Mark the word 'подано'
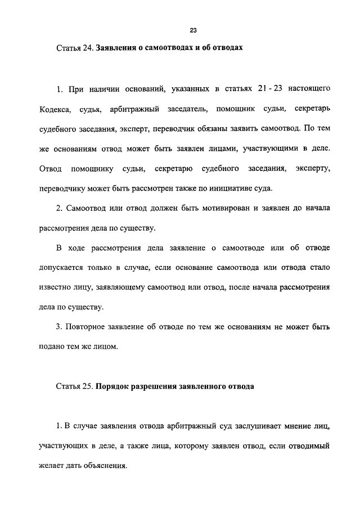[x=68, y=346]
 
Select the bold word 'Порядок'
[x=115, y=387]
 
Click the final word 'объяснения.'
[x=107, y=466]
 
